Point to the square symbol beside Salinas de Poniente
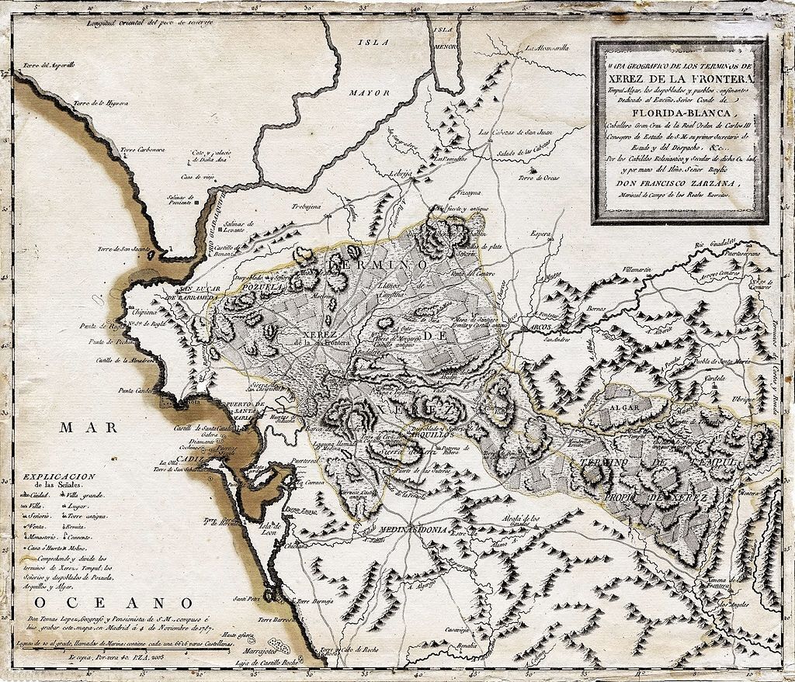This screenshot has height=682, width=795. tap(196, 203)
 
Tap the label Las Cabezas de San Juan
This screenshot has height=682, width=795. tap(514, 133)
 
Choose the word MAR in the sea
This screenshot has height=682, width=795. tap(85, 427)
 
